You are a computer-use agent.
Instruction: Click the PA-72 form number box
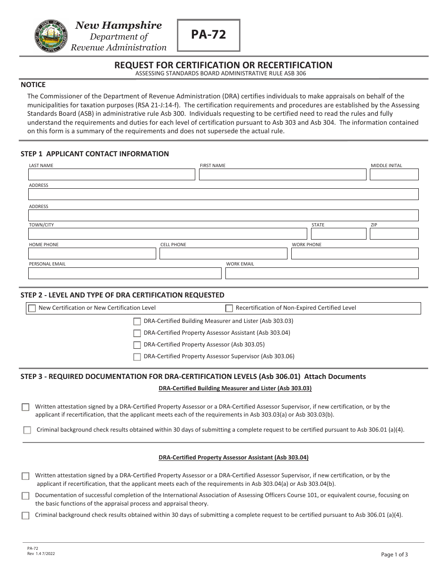point(208,35)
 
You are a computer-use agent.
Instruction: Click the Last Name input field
point(112,175)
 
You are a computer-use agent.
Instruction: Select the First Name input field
point(282,175)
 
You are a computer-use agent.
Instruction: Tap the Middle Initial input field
point(394,175)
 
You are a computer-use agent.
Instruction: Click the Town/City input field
point(168,234)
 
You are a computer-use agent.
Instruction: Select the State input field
point(338,234)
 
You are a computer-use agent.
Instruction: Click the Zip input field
point(394,234)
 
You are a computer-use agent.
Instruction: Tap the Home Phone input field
point(92,254)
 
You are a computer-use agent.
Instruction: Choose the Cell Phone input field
point(223,254)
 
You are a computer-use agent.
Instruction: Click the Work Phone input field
point(354,254)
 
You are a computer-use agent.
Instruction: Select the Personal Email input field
point(125,273)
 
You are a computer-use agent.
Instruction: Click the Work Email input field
point(322,273)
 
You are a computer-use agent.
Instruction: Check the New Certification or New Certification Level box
point(32,309)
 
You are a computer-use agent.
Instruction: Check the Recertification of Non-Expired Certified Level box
point(229,309)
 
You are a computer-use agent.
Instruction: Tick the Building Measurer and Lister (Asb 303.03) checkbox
point(137,322)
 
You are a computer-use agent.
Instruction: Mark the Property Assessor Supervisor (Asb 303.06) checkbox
point(137,357)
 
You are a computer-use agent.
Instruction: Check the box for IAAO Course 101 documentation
point(25,496)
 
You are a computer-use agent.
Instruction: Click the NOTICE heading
point(33,85)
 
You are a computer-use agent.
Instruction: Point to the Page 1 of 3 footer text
point(394,555)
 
